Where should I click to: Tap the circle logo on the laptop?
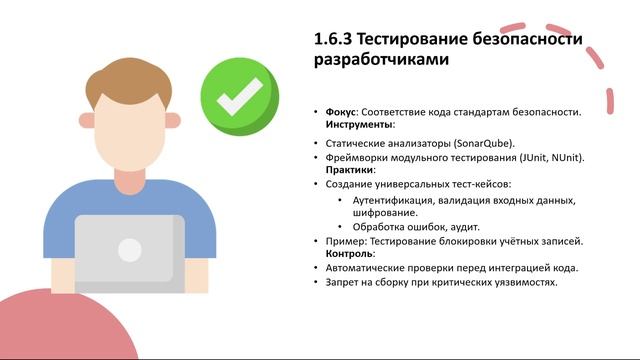pos(130,250)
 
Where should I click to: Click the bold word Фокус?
pos(341,111)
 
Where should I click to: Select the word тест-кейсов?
pos(479,184)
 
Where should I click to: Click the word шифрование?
pos(384,212)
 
